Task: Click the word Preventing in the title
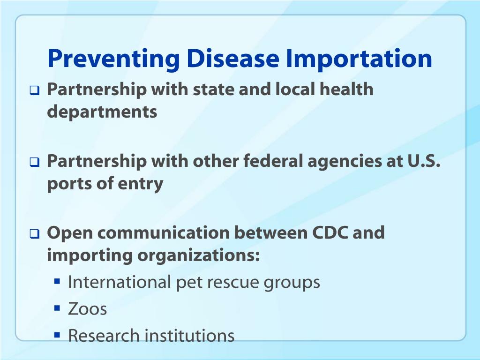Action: coord(113,60)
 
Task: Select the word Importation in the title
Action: coord(359,59)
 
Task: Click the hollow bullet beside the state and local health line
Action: coord(35,90)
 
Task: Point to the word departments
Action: coord(102,112)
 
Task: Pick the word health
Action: coord(346,90)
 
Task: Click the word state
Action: coord(213,90)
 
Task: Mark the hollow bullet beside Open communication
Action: coord(35,234)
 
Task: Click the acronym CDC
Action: coord(330,232)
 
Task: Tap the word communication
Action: coord(164,232)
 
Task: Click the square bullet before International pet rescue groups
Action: coord(57,281)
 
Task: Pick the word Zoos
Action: coord(87,308)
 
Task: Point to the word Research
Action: coord(104,335)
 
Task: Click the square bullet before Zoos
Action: coord(57,307)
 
